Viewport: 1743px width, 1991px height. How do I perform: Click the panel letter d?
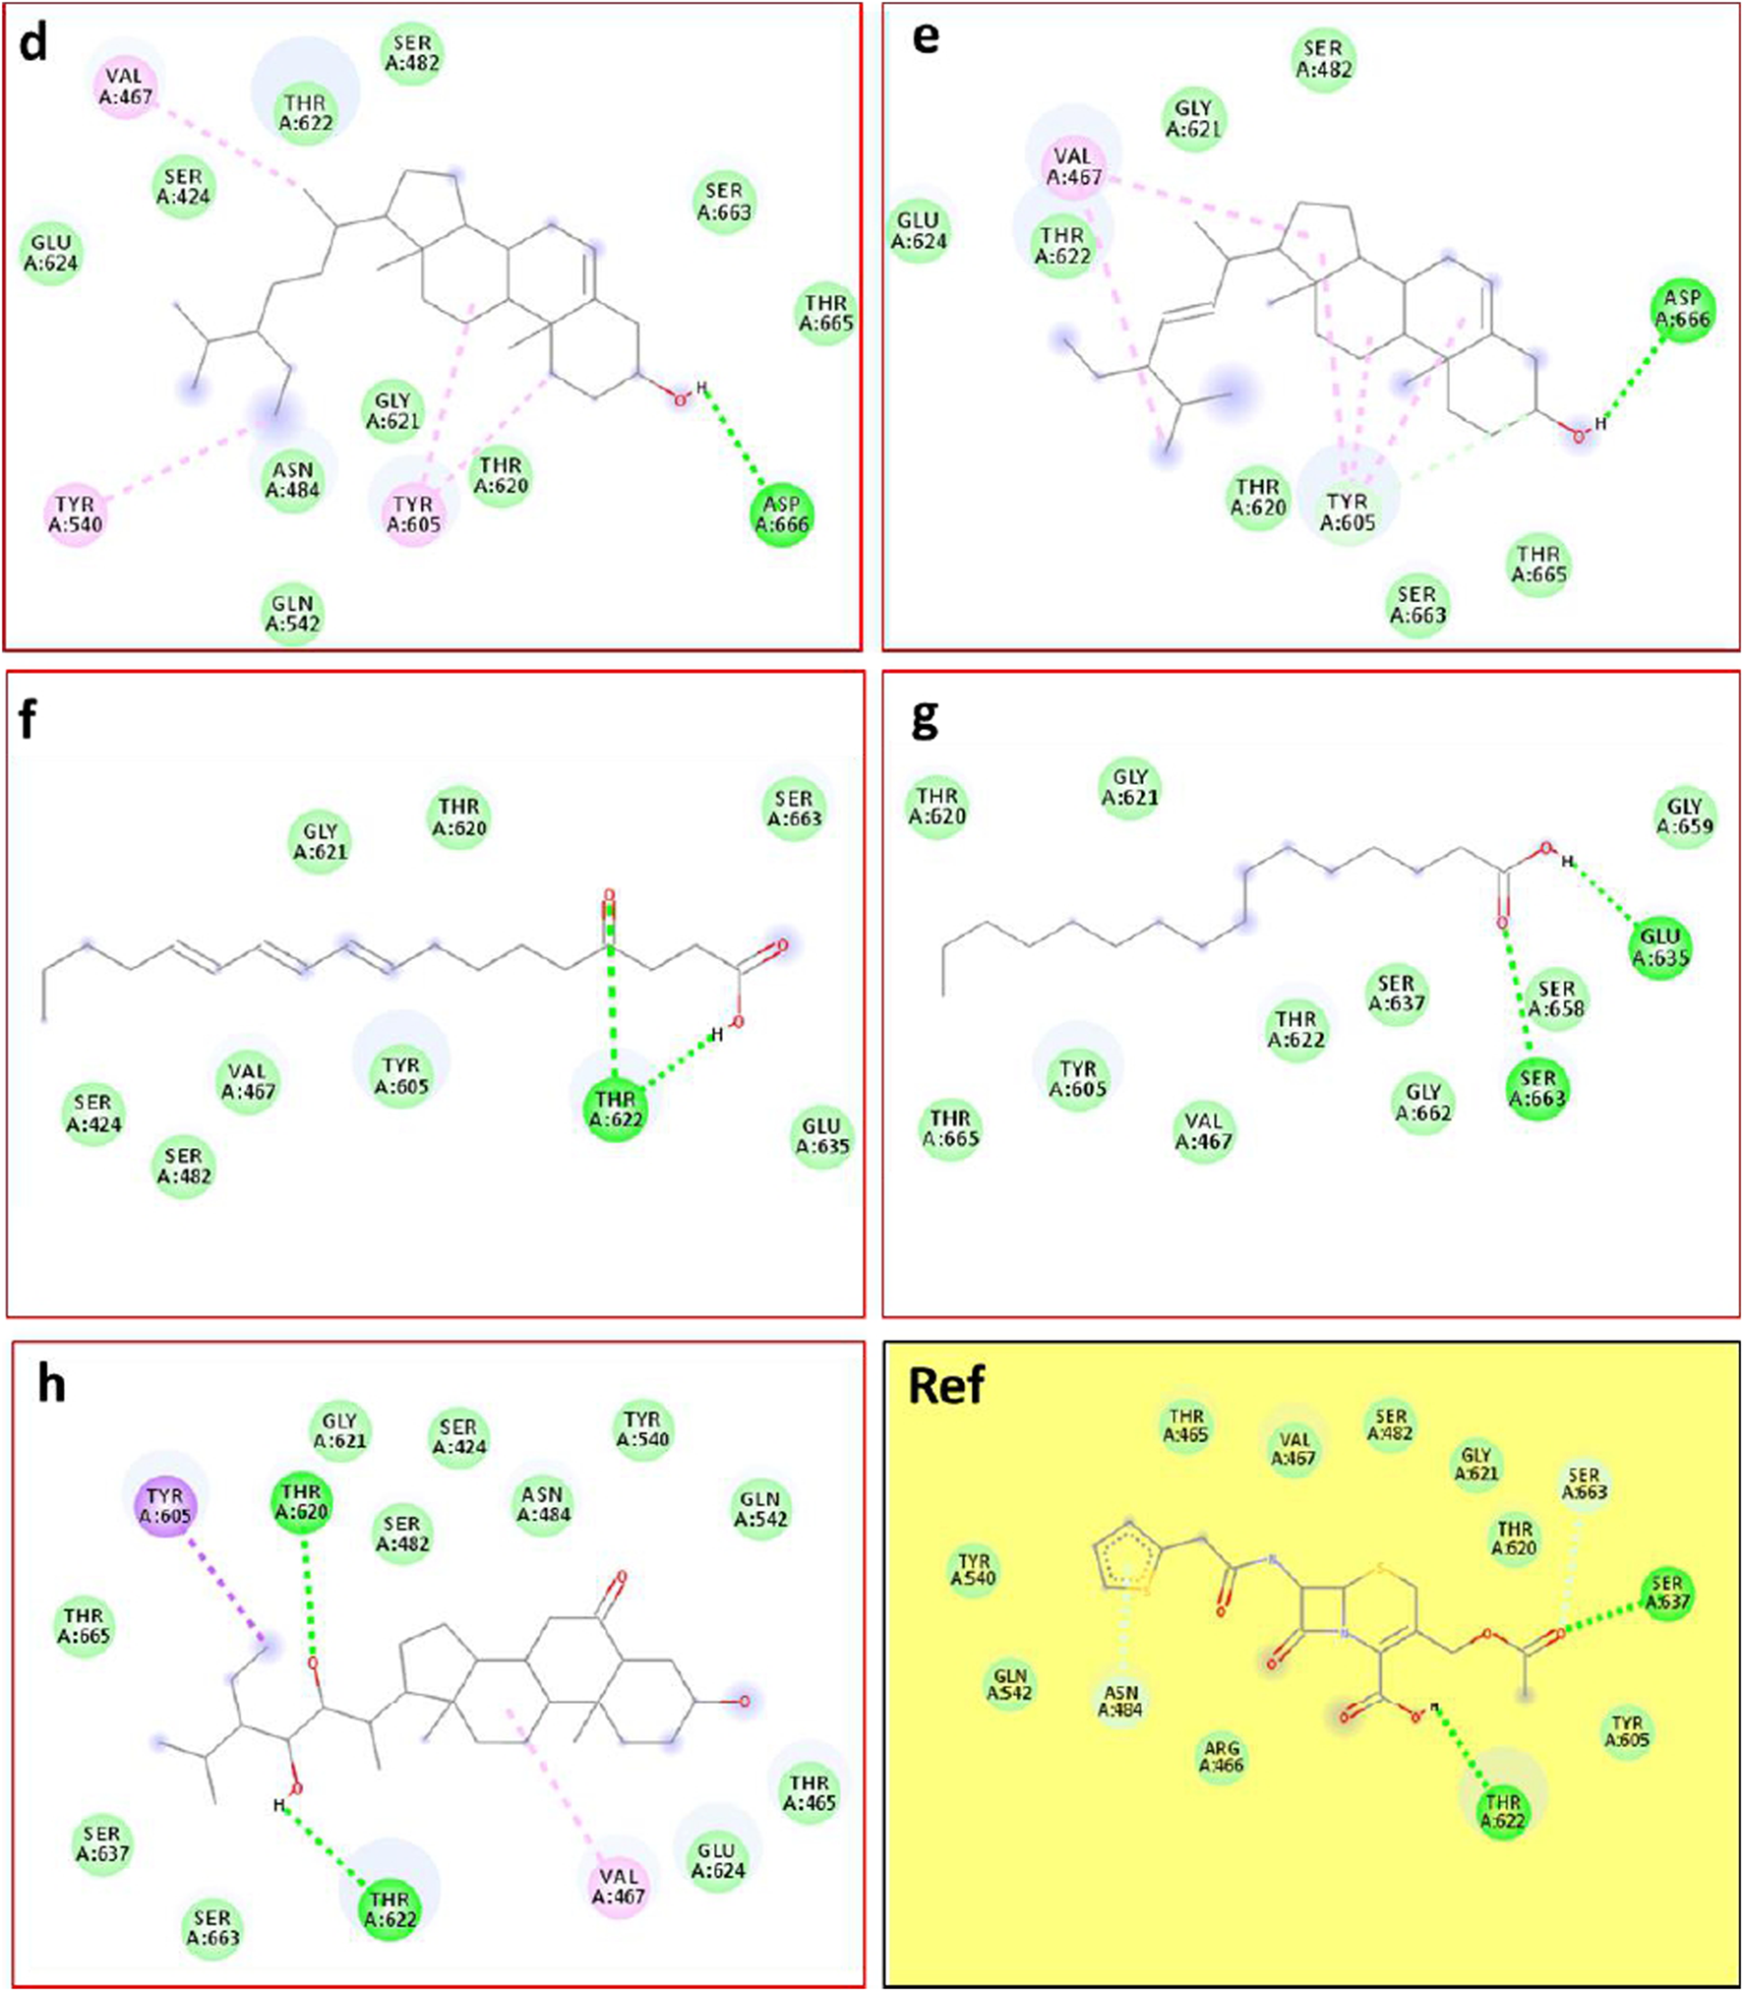33,45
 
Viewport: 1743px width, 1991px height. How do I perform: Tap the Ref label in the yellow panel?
946,1386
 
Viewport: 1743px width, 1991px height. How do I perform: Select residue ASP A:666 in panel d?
782,514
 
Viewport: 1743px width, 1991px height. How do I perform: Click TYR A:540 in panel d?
76,513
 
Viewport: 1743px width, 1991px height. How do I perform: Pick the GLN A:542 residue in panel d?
292,613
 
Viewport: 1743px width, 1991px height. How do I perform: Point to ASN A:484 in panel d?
293,480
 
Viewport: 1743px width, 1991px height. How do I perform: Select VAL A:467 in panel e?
1073,167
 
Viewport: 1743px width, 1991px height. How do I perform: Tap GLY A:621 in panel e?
1193,118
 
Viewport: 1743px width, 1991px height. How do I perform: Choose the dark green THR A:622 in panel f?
616,1109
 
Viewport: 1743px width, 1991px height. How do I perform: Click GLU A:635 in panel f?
821,1136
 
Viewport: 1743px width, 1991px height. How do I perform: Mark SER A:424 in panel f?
93,1113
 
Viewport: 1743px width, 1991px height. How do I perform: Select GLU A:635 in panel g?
1660,946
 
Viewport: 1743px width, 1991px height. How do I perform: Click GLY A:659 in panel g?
1685,816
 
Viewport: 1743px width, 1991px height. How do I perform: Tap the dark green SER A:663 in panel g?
1537,1089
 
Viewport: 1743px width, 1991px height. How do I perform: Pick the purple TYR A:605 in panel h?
165,1506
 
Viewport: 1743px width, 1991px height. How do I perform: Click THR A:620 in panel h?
301,1502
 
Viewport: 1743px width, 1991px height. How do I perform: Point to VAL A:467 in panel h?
619,1886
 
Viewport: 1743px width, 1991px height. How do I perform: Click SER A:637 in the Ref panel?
1666,1593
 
